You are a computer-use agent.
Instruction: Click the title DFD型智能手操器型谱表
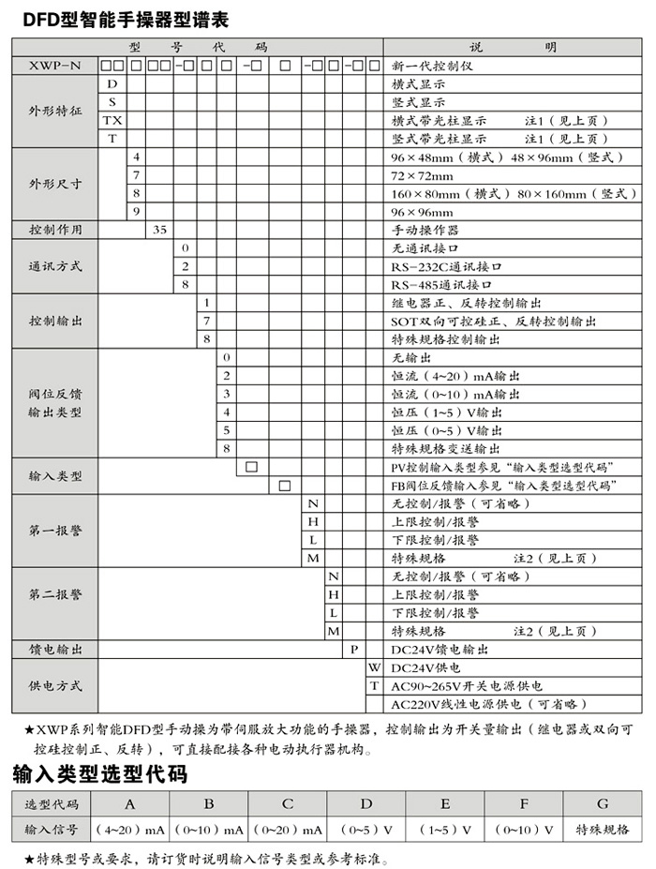121,18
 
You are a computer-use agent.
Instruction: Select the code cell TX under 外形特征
112,120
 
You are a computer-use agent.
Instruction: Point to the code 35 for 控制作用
159,229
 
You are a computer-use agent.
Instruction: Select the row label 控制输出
55,321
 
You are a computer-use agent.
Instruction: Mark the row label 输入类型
55,476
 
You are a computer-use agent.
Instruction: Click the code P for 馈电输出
355,649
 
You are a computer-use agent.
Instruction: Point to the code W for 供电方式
374,667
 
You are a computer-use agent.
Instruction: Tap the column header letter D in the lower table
366,803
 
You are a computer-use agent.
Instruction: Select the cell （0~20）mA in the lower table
288,830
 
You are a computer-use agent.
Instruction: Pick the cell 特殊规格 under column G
602,830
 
